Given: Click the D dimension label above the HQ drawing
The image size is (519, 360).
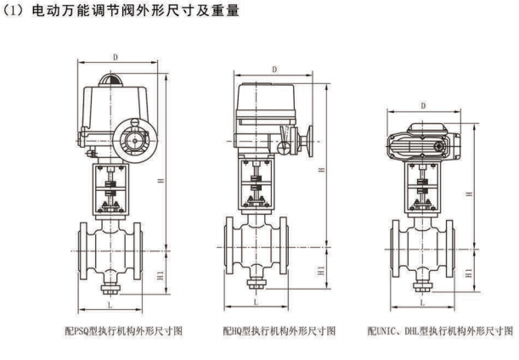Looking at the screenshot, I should coord(275,70).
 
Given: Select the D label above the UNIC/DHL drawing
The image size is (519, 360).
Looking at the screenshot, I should coord(423,106).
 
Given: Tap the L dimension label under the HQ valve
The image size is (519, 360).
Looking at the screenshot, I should coord(256,302).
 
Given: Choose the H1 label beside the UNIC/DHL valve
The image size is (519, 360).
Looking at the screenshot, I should coord(465,272).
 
